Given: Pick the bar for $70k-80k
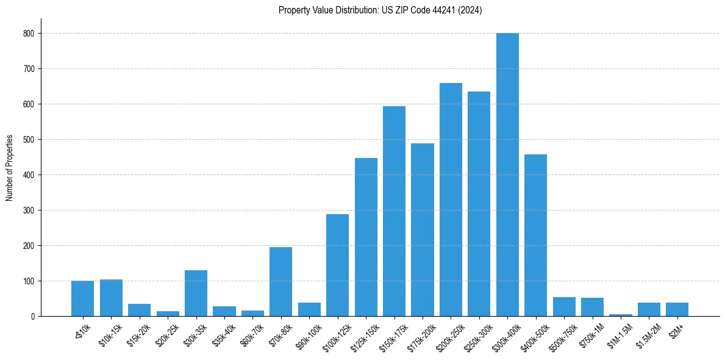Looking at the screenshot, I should tap(280, 281).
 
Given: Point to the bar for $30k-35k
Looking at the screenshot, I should tap(196, 293).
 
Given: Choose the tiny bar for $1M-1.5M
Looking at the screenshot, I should tap(621, 315).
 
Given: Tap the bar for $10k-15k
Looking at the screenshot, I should tap(111, 298).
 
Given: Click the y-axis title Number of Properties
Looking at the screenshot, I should tap(9, 168).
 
